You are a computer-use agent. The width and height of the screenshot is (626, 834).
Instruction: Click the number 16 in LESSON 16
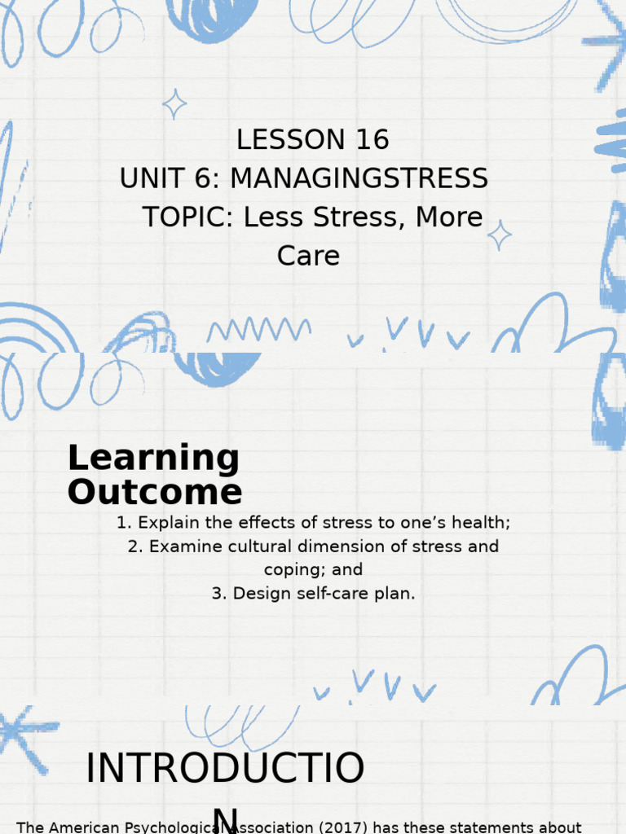(372, 140)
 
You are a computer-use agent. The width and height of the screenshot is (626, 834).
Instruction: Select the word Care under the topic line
(308, 256)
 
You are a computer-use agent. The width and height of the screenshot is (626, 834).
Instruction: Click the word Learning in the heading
(153, 459)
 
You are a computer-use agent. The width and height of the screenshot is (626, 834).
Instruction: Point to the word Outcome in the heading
(155, 493)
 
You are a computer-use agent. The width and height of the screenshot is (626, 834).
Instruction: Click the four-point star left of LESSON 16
(174, 104)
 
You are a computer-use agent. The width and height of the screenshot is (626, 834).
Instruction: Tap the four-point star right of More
(499, 235)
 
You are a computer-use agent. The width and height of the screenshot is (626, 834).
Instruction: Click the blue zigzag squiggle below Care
(258, 330)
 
